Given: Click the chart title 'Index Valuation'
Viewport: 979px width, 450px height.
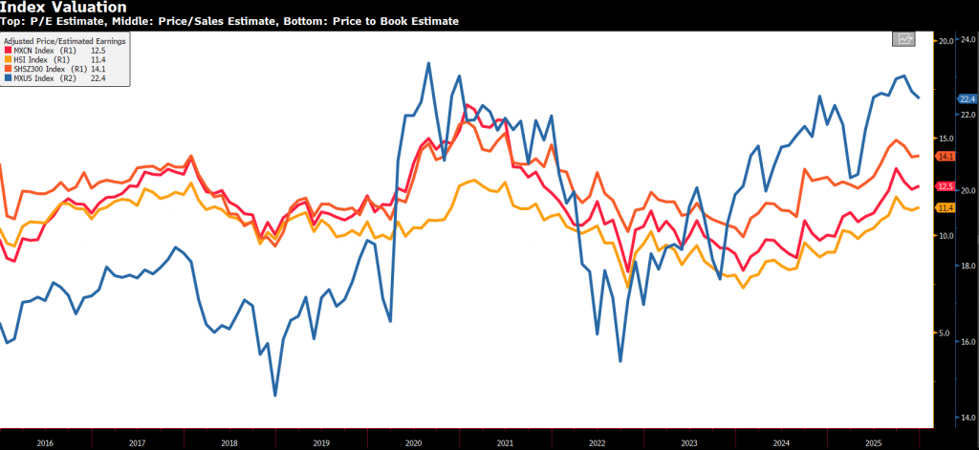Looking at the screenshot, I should click(x=63, y=8).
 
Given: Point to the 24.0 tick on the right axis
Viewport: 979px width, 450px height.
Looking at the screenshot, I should click(x=967, y=41).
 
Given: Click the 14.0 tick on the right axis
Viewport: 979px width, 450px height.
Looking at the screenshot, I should click(x=967, y=418).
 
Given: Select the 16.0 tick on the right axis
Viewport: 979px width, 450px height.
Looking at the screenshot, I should click(x=967, y=342).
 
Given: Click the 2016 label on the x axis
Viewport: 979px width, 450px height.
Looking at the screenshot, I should click(x=44, y=443).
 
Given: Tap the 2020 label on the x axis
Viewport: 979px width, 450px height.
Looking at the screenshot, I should click(x=413, y=443).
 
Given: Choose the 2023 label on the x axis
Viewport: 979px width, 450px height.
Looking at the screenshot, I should click(x=689, y=443).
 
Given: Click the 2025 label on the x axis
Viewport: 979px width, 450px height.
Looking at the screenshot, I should click(x=874, y=443).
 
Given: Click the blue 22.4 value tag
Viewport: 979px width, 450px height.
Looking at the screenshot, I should click(x=967, y=98).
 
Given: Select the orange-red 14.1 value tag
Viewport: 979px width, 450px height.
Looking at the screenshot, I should click(x=946, y=156).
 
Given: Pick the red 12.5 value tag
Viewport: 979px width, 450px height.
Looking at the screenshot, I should click(x=946, y=187).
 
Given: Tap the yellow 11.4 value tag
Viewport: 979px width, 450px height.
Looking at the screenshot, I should click(x=946, y=208).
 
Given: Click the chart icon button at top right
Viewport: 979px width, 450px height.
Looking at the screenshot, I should click(x=903, y=38).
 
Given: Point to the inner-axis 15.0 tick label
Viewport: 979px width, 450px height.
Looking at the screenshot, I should click(x=945, y=139).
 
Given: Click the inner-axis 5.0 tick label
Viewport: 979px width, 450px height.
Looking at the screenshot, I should click(x=945, y=333).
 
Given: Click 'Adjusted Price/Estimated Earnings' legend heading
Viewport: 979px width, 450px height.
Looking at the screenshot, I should click(x=64, y=41).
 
